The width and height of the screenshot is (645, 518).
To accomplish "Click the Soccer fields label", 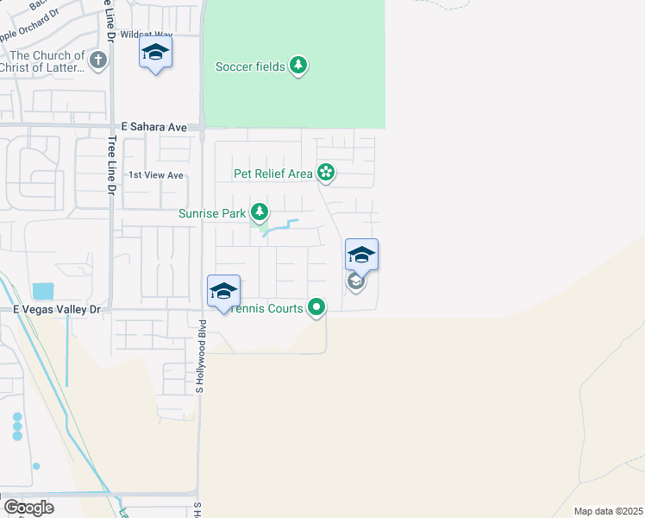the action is point(250,66).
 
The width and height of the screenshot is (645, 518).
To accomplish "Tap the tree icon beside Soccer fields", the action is point(298,66).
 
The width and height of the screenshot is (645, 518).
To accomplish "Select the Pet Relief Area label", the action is point(273,174).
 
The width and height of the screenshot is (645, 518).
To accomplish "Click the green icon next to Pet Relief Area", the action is point(326,173).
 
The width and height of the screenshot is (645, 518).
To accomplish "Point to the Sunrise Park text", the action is point(211,213).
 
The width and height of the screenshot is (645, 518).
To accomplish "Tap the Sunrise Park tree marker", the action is point(258,212).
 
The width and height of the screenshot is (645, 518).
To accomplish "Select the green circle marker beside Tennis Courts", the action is point(317,306).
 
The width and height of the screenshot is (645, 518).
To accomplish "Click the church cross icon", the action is point(98,60).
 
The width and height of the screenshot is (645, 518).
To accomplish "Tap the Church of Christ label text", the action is point(43,61).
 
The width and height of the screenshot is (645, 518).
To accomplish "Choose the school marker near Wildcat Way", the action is point(155,54).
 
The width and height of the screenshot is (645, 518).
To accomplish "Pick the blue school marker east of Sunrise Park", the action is point(361,256).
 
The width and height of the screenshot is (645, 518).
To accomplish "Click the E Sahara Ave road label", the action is point(154,127).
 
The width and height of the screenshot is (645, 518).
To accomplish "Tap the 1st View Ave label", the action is point(156,175).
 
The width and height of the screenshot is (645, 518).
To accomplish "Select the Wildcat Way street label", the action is point(141,35).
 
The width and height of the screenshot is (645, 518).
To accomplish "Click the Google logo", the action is point(28,507).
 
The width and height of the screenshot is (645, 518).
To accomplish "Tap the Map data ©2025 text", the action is point(607,511).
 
